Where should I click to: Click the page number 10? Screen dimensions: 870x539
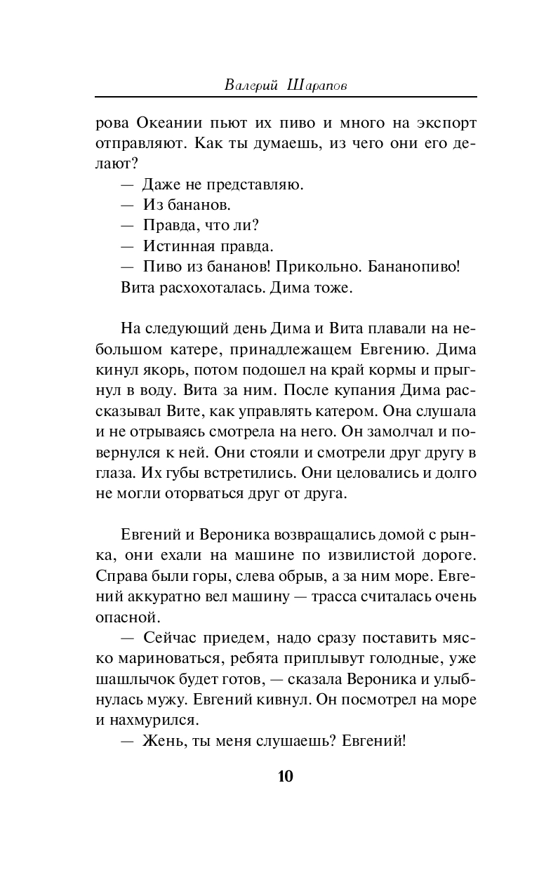tap(285, 776)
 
